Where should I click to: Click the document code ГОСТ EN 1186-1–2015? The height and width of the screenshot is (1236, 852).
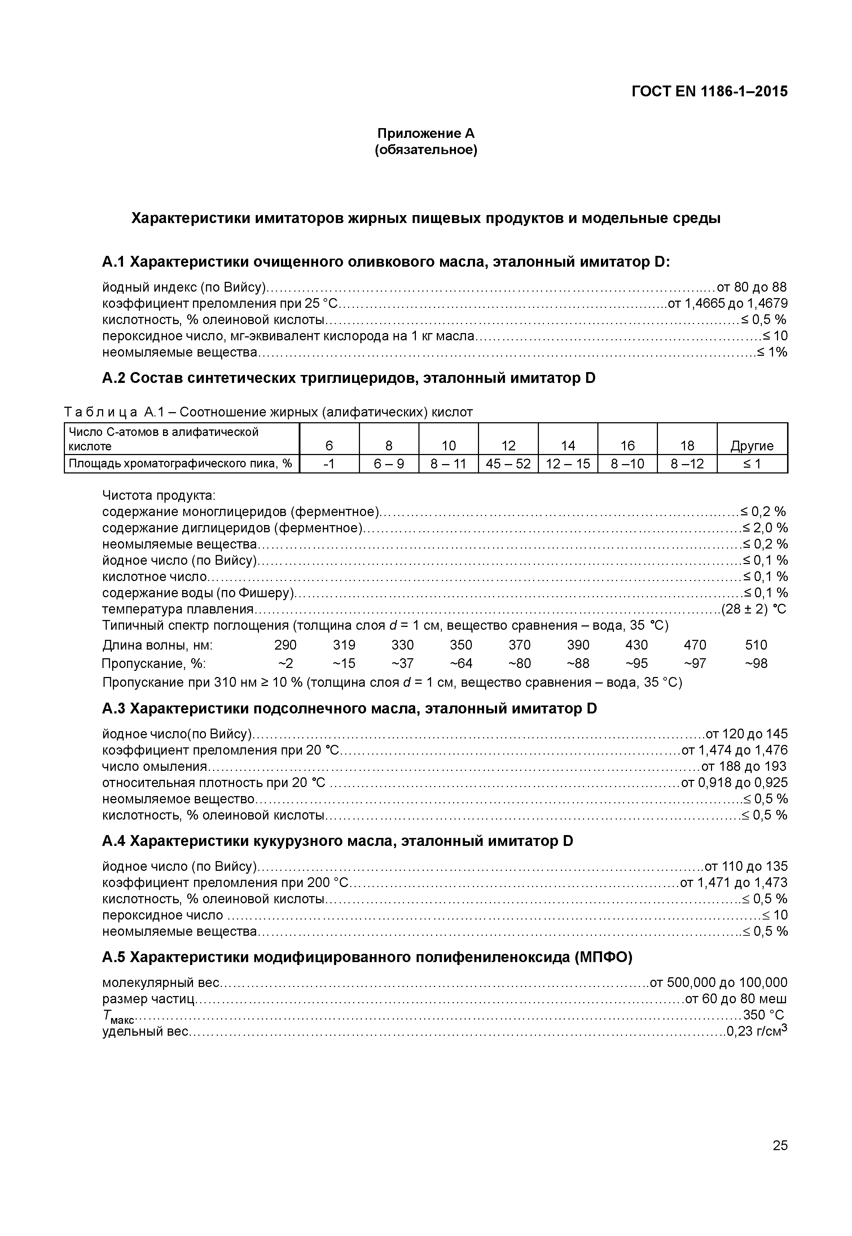point(709,92)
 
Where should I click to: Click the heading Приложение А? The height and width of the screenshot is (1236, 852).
point(426,133)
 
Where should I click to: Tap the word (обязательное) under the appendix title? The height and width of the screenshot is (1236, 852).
point(426,150)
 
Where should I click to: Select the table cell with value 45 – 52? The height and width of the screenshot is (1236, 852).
point(508,464)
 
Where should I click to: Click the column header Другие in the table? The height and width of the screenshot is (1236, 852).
point(752,446)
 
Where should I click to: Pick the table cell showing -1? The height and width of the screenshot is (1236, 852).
point(329,464)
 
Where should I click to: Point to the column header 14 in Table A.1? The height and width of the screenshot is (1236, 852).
point(568,446)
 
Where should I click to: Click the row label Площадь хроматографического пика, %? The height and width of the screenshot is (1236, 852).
point(180,464)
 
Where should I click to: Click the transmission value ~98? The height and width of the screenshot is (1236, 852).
point(756,663)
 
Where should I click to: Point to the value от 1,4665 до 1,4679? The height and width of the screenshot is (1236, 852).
point(728,304)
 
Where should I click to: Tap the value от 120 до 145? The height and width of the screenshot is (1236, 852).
point(746,734)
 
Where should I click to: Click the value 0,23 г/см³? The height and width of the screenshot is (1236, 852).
point(757,1031)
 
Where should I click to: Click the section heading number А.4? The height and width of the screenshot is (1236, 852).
point(113,841)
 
